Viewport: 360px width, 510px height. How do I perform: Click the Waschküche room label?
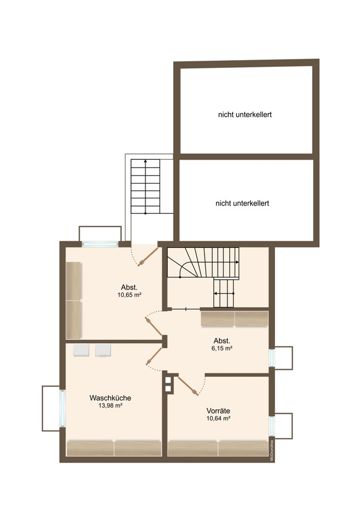click(x=110, y=398)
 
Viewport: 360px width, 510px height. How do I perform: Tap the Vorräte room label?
click(x=218, y=411)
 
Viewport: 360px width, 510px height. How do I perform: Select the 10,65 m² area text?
click(x=129, y=295)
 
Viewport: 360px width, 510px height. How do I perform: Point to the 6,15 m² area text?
click(x=222, y=349)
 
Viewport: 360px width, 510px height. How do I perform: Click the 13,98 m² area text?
click(x=111, y=406)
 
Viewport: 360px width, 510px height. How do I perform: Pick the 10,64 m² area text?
click(x=219, y=418)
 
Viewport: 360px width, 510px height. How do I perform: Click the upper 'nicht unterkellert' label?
click(x=245, y=115)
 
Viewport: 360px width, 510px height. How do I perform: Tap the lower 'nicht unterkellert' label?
click(x=242, y=203)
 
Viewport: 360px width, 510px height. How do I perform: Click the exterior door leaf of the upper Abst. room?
click(x=148, y=257)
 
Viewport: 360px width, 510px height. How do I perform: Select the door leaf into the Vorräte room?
click(x=188, y=386)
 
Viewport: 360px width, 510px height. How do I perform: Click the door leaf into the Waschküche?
click(x=154, y=356)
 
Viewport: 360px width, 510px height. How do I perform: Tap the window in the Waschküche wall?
click(x=62, y=408)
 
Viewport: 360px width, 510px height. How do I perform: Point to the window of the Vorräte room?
click(x=272, y=426)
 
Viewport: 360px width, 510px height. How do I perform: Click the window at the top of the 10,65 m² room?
click(x=100, y=244)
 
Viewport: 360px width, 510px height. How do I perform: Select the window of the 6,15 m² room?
click(x=272, y=357)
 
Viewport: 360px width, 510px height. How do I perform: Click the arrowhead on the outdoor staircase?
click(x=146, y=161)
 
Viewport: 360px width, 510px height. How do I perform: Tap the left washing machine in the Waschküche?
click(x=81, y=350)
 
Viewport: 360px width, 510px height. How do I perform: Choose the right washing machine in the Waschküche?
click(x=103, y=350)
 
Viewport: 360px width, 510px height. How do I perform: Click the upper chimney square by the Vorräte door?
click(x=168, y=380)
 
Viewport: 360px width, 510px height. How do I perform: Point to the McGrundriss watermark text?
click(x=272, y=450)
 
